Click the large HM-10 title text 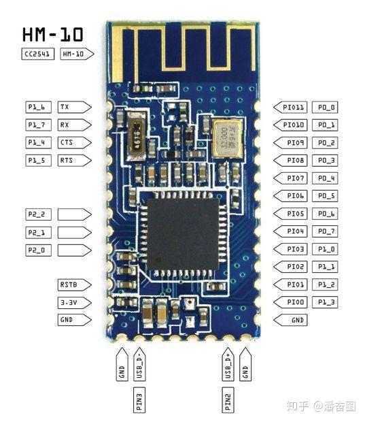[x=53, y=35]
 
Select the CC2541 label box [x=37, y=54]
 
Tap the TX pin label [x=75, y=107]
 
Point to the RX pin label [x=75, y=125]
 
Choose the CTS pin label [x=75, y=143]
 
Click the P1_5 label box [x=38, y=161]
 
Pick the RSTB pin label [x=75, y=285]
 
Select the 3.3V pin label [x=75, y=302]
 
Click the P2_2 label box [x=38, y=214]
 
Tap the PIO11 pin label [x=290, y=108]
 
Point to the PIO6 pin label [x=290, y=196]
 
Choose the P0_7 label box [x=325, y=231]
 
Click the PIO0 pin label [x=290, y=302]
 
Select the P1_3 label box [x=325, y=302]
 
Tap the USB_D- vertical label [x=139, y=364]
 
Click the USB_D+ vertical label [x=228, y=364]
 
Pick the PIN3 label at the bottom [x=139, y=400]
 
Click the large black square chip [x=184, y=234]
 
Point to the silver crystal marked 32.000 [x=228, y=137]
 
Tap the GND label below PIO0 [x=290, y=320]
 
